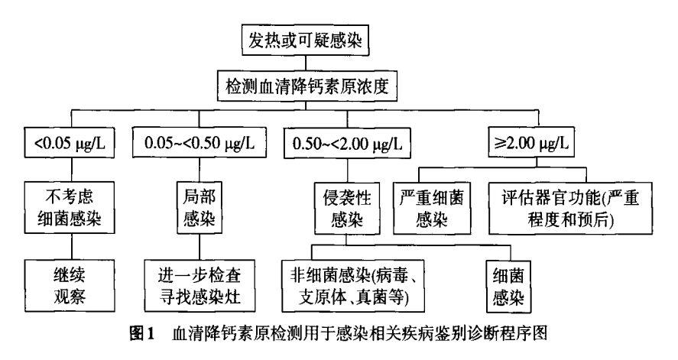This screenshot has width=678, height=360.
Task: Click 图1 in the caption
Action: coord(142,334)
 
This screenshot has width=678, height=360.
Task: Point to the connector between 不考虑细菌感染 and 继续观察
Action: coord(72,247)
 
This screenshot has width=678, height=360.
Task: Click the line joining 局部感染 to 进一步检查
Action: coord(200,247)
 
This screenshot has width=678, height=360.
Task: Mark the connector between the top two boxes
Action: coord(305,63)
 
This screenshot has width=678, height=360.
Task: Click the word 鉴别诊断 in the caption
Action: coord(436,334)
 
